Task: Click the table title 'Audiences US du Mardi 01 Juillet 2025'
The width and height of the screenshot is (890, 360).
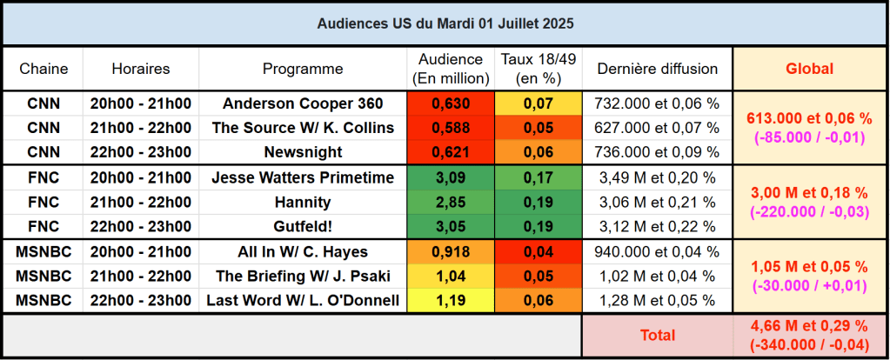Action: coord(445,23)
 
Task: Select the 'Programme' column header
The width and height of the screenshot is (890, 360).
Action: coord(303,69)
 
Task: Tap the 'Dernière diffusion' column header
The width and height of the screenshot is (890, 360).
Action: coord(657,69)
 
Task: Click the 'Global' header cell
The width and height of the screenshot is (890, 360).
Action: coord(809,69)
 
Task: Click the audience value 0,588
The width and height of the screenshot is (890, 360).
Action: coord(450,128)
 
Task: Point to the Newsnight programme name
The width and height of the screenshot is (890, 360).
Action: coord(303,152)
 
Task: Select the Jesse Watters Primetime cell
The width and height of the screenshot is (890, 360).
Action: coord(303,178)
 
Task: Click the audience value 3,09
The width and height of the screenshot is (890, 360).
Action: coord(450,178)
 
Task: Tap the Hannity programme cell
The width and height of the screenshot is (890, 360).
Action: coord(303,203)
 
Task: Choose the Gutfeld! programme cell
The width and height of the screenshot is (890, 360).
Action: coord(303,227)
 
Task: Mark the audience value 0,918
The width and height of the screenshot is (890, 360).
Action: coord(450,252)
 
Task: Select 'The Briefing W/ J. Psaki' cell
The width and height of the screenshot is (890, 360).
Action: coord(303,277)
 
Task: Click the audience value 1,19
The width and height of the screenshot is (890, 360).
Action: coord(450,301)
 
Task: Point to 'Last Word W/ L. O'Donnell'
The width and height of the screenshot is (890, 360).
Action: coord(303,301)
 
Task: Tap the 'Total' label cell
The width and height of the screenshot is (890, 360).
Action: coord(657,335)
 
